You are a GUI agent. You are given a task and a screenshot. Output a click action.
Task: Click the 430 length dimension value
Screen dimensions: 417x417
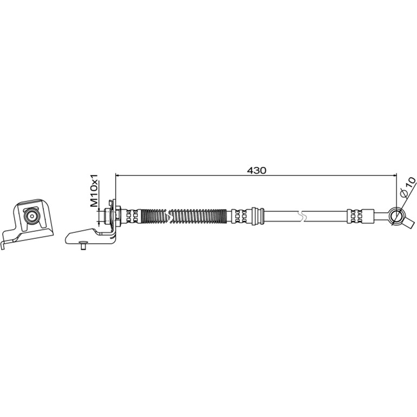pyautogui.click(x=256, y=170)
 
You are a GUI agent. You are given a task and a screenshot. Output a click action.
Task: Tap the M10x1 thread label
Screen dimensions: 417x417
pyautogui.click(x=94, y=191)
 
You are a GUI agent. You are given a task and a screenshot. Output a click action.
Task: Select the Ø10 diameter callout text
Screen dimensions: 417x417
pyautogui.click(x=407, y=187)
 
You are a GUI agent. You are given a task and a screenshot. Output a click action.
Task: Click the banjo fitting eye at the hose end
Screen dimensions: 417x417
pyautogui.click(x=395, y=216)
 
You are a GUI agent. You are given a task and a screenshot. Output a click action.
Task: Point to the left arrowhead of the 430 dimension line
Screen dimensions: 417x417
pyautogui.click(x=118, y=175)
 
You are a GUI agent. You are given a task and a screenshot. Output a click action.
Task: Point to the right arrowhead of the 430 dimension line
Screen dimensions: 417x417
pyautogui.click(x=394, y=175)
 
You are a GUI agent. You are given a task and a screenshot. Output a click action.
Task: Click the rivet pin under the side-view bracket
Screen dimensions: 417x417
pyautogui.click(x=83, y=245)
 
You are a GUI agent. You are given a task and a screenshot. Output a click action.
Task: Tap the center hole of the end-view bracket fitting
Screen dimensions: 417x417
pyautogui.click(x=32, y=216)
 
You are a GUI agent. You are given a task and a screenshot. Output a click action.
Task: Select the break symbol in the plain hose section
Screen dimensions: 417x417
pyautogui.click(x=302, y=217)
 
